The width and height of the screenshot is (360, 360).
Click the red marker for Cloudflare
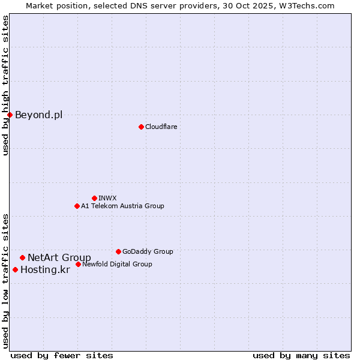click(141, 127)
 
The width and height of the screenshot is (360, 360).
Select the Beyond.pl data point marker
click(10, 115)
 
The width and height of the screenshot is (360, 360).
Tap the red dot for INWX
click(94, 198)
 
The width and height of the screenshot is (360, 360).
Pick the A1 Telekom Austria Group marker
click(77, 206)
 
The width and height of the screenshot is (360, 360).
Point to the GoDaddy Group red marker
click(118, 251)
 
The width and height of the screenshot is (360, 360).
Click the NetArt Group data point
click(22, 257)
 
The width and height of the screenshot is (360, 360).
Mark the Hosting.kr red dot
click(15, 269)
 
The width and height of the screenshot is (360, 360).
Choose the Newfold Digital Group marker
click(78, 264)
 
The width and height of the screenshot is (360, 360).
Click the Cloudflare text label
click(161, 127)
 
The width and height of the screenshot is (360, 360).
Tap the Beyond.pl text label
click(38, 115)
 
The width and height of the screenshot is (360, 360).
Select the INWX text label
click(107, 198)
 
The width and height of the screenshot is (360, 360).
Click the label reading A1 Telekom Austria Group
click(122, 206)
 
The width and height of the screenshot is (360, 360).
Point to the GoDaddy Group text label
click(148, 251)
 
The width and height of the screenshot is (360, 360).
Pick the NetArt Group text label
click(59, 258)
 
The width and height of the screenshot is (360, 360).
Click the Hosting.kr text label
click(45, 270)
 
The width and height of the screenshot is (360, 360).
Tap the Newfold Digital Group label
click(117, 264)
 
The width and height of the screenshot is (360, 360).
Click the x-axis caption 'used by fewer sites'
click(62, 355)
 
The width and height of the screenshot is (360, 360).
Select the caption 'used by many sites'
click(301, 355)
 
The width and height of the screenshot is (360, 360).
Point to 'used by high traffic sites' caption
click(5, 85)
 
